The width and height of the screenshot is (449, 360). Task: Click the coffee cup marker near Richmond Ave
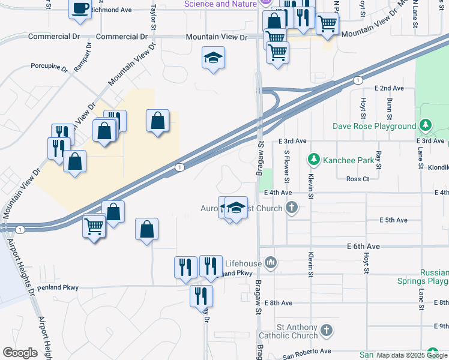coord(81,9)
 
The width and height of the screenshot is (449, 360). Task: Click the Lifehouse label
coord(243,263)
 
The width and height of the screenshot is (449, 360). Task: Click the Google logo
coord(20,353)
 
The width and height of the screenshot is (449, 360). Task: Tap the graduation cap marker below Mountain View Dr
coord(212,58)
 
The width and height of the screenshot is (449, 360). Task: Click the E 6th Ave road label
coord(364,247)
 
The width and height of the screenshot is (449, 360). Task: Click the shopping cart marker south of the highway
coord(94,227)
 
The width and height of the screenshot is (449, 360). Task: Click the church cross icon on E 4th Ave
coord(291,208)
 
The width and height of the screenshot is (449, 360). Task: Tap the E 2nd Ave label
coord(389,88)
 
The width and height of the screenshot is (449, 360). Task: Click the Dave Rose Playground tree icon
coord(426,125)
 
